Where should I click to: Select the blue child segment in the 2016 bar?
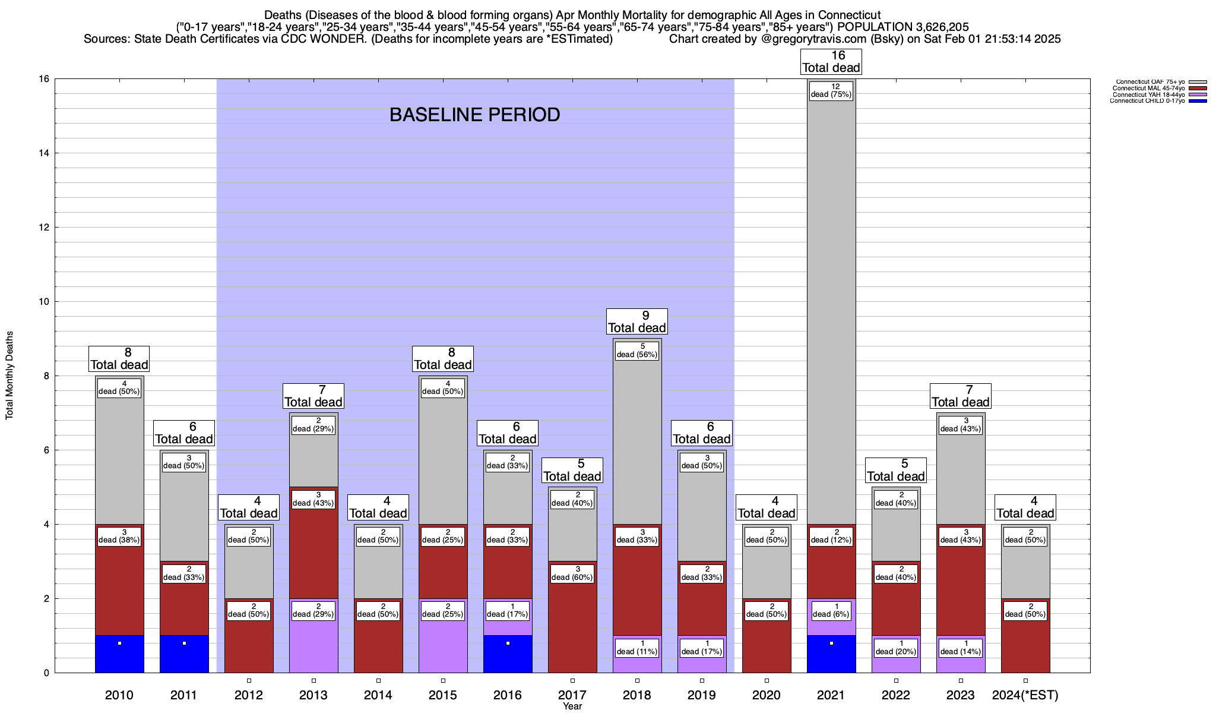[x=508, y=654]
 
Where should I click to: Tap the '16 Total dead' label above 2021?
[x=831, y=62]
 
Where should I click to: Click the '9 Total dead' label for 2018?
[x=637, y=321]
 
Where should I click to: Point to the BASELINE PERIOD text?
[x=474, y=115]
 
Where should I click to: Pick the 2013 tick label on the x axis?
[x=313, y=695]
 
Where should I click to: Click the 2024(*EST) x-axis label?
[x=1025, y=695]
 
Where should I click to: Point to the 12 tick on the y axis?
[x=45, y=228]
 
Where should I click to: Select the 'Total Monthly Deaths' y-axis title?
[x=9, y=376]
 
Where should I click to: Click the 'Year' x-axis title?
[x=572, y=706]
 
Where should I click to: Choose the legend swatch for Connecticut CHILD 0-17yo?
[x=1198, y=101]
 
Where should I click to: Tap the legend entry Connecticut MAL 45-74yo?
[x=1148, y=89]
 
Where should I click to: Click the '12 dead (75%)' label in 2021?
[x=831, y=90]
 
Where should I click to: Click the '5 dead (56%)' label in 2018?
[x=637, y=351]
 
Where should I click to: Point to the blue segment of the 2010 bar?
[x=119, y=654]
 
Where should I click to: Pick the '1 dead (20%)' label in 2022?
[x=896, y=648]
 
